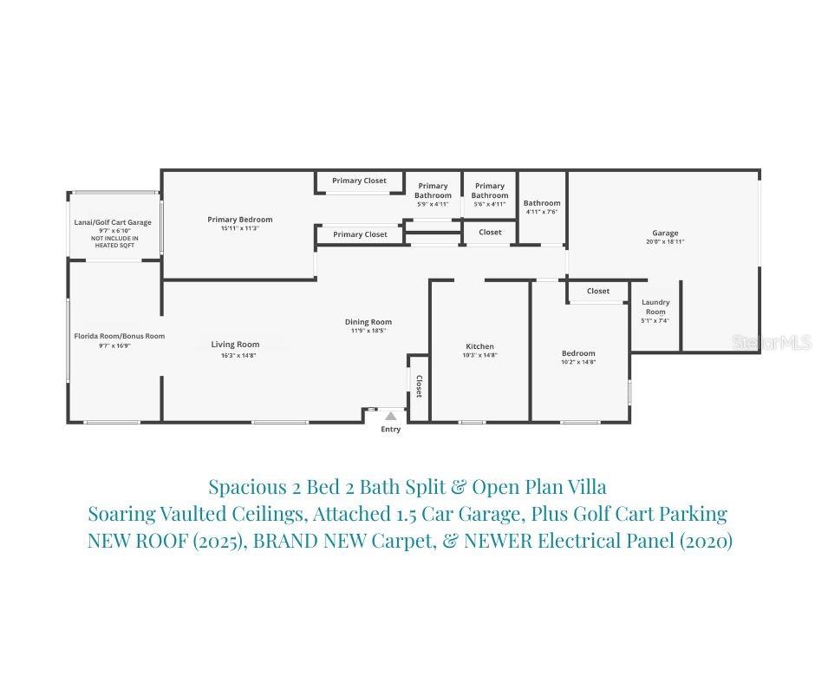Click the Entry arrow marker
(x=391, y=417)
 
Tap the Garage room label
(x=665, y=233)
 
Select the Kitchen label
(x=479, y=346)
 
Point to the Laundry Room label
(x=655, y=307)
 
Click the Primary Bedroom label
(x=240, y=220)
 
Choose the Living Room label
(x=235, y=345)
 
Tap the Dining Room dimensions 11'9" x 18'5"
(x=368, y=331)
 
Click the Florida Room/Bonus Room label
(x=119, y=336)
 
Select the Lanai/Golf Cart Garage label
(x=113, y=222)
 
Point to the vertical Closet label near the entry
(x=419, y=386)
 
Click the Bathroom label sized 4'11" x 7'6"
(x=542, y=203)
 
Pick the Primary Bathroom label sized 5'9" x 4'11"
(x=433, y=190)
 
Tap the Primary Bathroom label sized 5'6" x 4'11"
(x=490, y=190)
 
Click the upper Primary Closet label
(x=360, y=181)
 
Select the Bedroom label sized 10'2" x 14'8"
(x=578, y=353)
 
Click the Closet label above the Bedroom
(x=598, y=291)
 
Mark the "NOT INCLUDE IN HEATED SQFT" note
(x=114, y=241)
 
